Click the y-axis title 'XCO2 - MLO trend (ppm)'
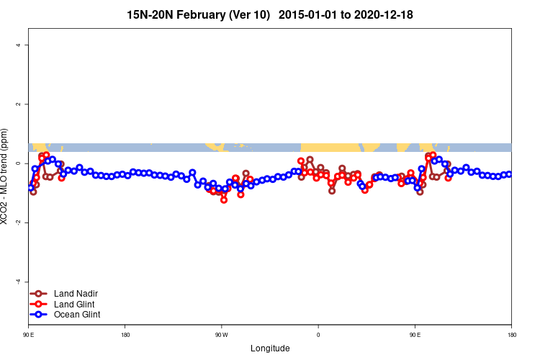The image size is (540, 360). click(x=6, y=176)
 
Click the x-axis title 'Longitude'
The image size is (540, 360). click(x=270, y=348)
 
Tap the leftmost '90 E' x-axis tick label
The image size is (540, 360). click(x=29, y=335)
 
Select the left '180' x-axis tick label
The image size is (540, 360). click(x=125, y=335)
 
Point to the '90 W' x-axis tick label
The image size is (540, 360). click(x=221, y=335)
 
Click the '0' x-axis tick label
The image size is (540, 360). click(x=318, y=335)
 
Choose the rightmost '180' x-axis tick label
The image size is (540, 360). click(x=511, y=335)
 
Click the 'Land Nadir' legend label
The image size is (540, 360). click(x=75, y=294)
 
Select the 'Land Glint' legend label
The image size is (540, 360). click(x=74, y=304)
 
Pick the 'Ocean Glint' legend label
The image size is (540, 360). click(x=76, y=315)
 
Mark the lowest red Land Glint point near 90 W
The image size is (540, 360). click(x=224, y=200)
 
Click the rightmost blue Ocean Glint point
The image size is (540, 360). click(x=509, y=174)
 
